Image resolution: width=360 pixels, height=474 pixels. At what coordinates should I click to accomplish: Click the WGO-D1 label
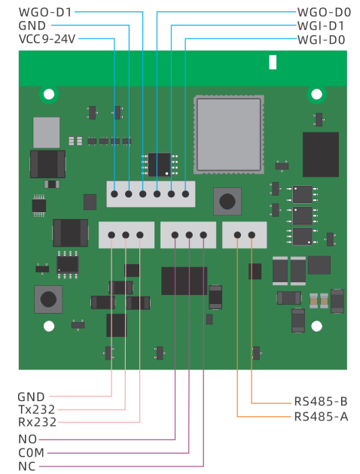[45, 12]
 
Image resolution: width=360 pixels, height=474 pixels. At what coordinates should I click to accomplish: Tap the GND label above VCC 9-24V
[32, 26]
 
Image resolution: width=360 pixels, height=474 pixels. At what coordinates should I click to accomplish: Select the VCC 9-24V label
[47, 39]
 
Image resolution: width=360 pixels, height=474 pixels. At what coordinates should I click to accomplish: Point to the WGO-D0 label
[324, 12]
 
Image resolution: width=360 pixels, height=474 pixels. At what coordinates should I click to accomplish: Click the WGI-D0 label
[322, 40]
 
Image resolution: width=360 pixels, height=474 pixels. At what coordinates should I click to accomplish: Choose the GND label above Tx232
[31, 397]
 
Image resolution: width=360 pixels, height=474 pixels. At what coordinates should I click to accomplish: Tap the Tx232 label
[37, 409]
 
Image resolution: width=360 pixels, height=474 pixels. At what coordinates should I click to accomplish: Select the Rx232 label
[38, 422]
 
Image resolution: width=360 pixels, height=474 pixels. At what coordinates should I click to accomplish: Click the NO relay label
[28, 439]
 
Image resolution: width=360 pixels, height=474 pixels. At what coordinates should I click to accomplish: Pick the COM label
[32, 453]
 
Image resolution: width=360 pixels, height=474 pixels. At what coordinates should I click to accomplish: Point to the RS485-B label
[321, 402]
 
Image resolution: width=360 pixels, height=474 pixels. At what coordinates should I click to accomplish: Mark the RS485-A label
[322, 417]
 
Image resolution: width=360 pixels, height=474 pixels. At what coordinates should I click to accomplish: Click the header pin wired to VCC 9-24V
[114, 194]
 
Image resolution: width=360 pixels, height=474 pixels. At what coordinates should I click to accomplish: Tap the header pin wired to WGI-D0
[185, 194]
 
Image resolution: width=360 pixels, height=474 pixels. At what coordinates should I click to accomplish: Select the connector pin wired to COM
[189, 235]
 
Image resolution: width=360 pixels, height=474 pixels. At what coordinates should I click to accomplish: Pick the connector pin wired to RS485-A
[237, 235]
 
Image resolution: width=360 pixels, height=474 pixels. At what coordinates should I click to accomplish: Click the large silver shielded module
[229, 135]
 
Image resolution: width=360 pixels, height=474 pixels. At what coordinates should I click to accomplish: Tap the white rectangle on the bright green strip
[273, 62]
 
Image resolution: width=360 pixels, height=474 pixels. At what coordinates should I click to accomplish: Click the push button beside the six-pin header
[227, 201]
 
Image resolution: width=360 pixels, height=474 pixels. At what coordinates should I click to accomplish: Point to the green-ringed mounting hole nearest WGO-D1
[49, 94]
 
